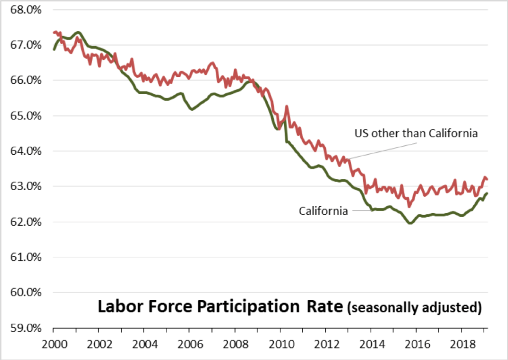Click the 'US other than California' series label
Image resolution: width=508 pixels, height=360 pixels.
[x=416, y=133]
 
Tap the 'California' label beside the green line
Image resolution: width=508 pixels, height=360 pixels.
[x=323, y=211]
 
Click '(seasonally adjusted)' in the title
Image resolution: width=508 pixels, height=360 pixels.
[x=414, y=307]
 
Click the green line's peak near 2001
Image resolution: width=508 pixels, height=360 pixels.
[x=78, y=32]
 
